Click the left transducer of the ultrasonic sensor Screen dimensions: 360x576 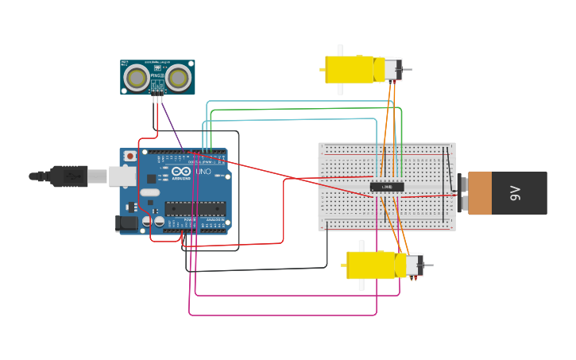[x=139, y=77]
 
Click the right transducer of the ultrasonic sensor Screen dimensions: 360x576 [x=177, y=77]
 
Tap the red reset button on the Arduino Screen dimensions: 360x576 [x=130, y=157]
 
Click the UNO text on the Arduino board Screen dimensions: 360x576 [x=203, y=172]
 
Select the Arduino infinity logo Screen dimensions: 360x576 [x=180, y=172]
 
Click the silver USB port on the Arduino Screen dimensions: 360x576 [x=121, y=176]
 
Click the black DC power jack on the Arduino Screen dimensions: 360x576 [x=126, y=224]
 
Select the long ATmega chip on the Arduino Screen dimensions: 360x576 [x=195, y=209]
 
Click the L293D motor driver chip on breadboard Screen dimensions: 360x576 [x=387, y=187]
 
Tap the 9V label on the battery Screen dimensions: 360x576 [x=515, y=192]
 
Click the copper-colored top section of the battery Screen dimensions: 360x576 [x=480, y=192]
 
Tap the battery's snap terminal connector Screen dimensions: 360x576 [x=461, y=192]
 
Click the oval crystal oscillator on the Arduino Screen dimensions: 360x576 [x=149, y=192]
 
